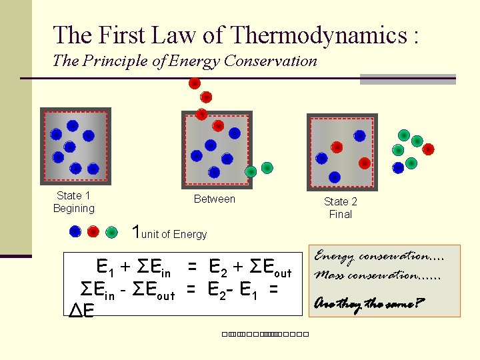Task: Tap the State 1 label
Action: (73, 195)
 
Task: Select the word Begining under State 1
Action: (74, 208)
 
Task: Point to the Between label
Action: (214, 199)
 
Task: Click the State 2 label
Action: (340, 201)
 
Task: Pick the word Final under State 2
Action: (340, 214)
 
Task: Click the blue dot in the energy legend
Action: (76, 232)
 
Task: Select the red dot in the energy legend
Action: (93, 232)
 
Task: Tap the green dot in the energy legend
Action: (111, 232)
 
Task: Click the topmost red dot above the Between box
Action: (194, 84)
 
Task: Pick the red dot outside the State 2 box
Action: (428, 149)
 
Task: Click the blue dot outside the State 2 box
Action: (398, 167)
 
